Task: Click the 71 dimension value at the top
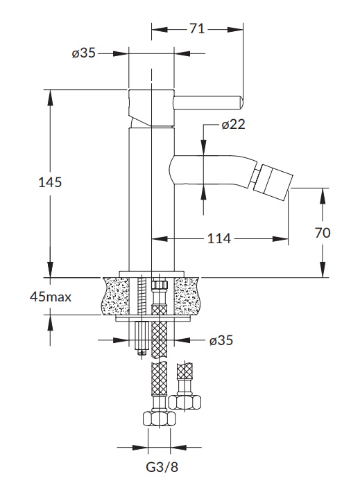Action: [197, 28]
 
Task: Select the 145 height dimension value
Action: [50, 182]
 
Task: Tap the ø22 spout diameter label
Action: [233, 124]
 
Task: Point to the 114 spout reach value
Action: [218, 238]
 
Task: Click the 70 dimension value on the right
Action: [323, 233]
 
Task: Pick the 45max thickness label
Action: [51, 297]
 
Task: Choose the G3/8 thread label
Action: [162, 466]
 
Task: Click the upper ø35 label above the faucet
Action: [84, 53]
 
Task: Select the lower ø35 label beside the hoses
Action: [221, 340]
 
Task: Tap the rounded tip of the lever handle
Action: [241, 103]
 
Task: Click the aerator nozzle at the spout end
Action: [273, 180]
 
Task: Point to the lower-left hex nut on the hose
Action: [160, 419]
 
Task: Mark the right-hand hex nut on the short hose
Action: [185, 402]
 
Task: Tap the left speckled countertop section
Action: [115, 296]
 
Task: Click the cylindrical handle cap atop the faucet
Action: [151, 107]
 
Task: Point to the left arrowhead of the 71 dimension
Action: [160, 30]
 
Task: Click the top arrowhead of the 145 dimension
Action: [50, 98]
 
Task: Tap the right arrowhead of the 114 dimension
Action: [280, 238]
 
